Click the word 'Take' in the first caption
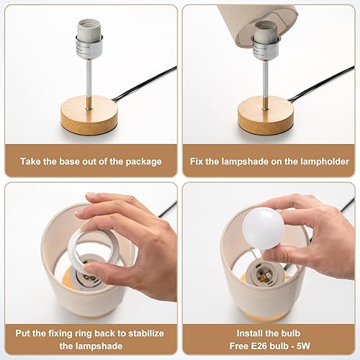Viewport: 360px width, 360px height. coord(32,161)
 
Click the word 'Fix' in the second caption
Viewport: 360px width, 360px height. coord(199,161)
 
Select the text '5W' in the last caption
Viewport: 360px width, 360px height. coord(305,347)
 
